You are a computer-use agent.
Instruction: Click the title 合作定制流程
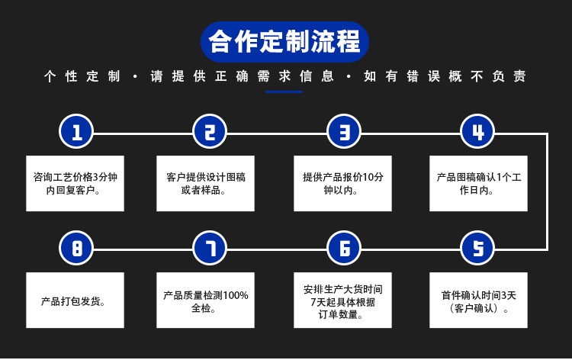click(284, 42)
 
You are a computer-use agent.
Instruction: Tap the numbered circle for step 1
click(76, 131)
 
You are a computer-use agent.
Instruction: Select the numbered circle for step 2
click(210, 131)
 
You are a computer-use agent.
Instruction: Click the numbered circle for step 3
click(344, 131)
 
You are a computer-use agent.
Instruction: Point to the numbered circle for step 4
click(477, 131)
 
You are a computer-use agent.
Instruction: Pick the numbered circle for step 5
click(477, 248)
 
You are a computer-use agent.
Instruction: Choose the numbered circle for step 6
click(344, 248)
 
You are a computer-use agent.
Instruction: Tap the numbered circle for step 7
click(210, 248)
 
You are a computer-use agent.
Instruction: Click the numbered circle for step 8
click(76, 248)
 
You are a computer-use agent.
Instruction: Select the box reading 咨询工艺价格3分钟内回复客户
click(76, 184)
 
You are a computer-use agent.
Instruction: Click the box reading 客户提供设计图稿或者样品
click(205, 184)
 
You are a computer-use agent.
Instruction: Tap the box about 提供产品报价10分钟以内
click(343, 184)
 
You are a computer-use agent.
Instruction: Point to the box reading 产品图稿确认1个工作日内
click(479, 184)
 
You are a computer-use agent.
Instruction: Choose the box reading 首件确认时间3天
click(479, 301)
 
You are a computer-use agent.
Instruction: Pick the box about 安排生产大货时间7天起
click(343, 301)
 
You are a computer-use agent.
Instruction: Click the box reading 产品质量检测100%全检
click(205, 301)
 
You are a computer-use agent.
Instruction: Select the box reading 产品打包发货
click(76, 301)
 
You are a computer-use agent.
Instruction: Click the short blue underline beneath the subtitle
click(284, 92)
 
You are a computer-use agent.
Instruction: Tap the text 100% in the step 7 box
click(236, 295)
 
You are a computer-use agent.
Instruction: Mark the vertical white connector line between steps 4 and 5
click(547, 192)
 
